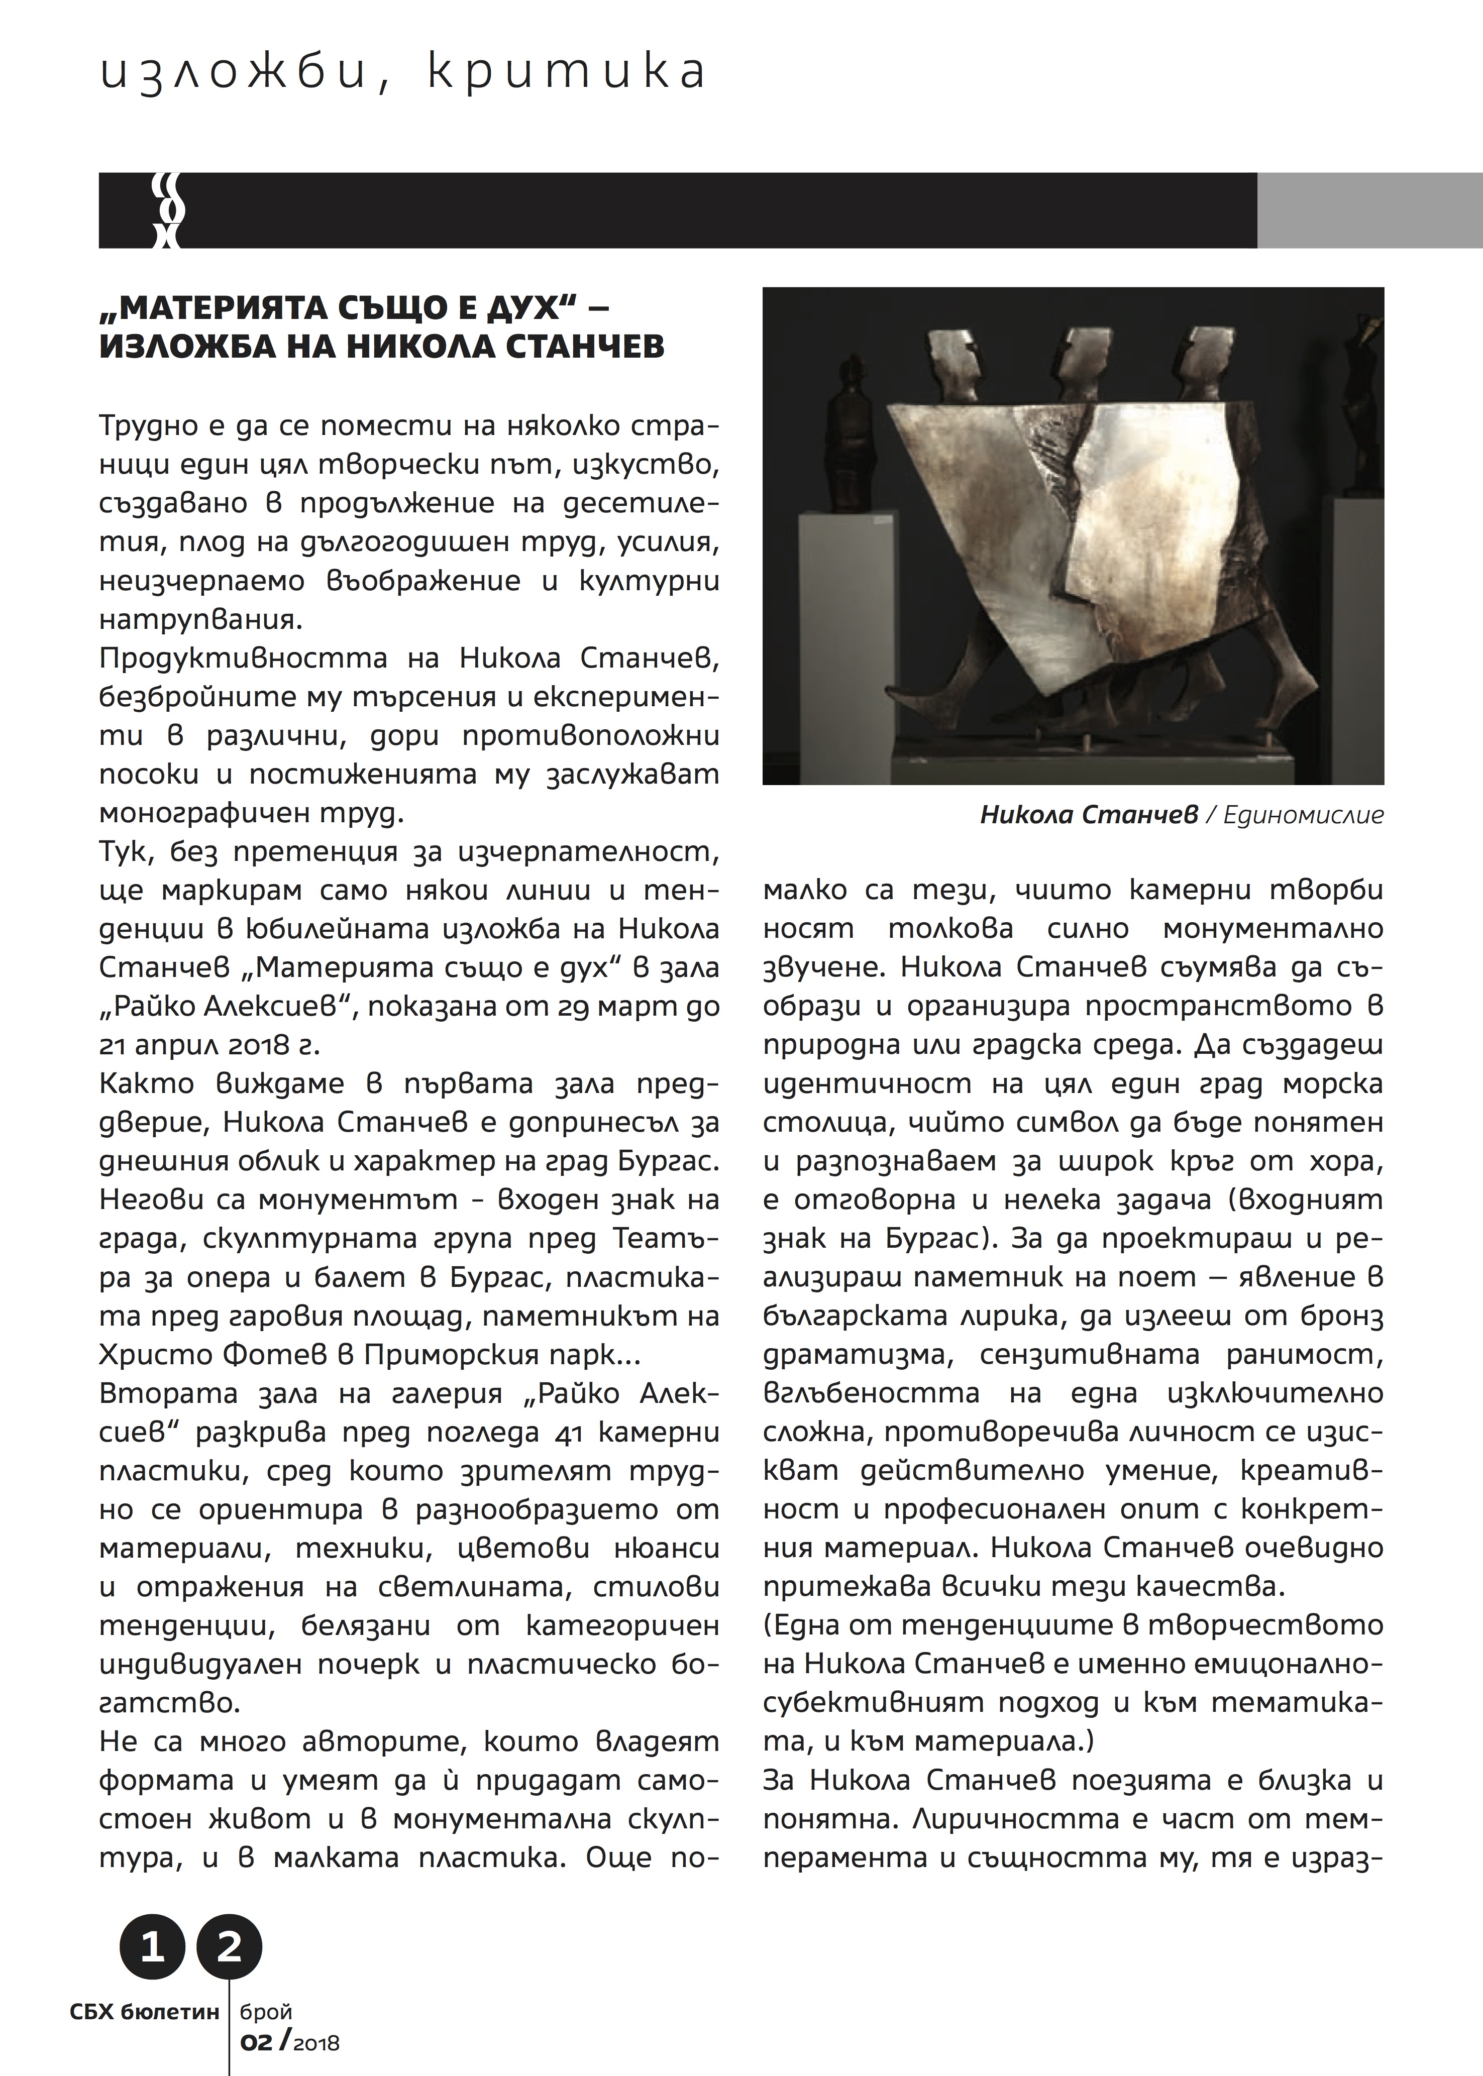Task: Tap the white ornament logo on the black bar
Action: (x=168, y=211)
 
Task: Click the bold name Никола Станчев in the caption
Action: (x=1089, y=815)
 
